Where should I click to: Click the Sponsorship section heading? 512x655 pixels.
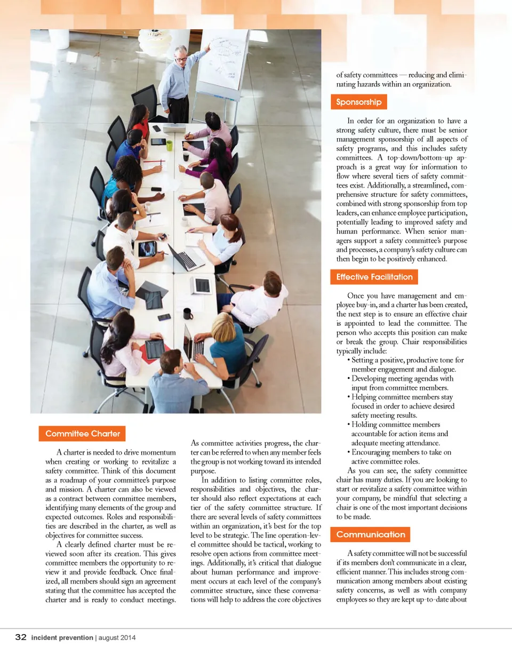pos(358,102)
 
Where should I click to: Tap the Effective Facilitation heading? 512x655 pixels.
pos(374,277)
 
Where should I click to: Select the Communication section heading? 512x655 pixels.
pos(371,534)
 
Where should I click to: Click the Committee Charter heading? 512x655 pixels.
pos(82,434)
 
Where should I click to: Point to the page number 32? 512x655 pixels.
pos(21,637)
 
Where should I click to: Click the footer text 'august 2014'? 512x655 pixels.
pos(116,637)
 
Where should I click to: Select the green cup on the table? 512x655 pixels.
pos(169,145)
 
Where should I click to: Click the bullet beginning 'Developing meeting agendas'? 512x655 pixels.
pos(402,379)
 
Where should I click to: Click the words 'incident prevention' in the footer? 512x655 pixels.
pos(62,637)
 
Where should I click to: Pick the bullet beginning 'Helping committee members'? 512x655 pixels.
pos(403,397)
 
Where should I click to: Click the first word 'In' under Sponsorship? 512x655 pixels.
pos(351,121)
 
